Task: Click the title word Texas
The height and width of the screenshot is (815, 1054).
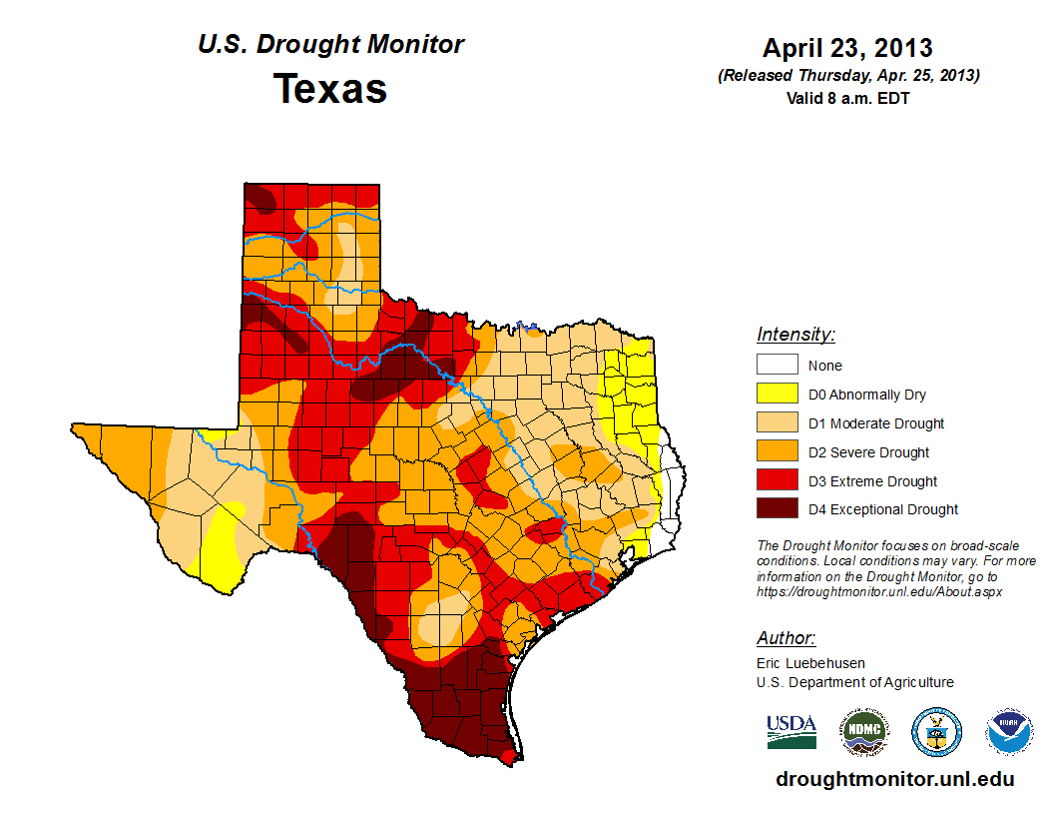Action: (x=330, y=89)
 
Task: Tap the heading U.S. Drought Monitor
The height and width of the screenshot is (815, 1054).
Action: (x=330, y=45)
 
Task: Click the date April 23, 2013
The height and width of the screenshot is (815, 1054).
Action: (x=847, y=47)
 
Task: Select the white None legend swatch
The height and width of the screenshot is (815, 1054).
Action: (x=777, y=366)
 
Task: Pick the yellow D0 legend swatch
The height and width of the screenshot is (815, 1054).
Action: (x=777, y=395)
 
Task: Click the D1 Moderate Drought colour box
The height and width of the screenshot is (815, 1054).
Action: (x=777, y=423)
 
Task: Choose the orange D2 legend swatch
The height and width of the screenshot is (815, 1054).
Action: (x=777, y=452)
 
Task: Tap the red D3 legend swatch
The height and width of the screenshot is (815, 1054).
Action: (x=777, y=481)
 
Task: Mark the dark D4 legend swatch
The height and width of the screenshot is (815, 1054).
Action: (x=777, y=509)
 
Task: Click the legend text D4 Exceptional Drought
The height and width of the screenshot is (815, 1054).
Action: (x=883, y=509)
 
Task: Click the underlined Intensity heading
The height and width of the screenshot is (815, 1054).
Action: (x=795, y=335)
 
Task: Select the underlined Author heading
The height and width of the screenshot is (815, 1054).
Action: (x=786, y=638)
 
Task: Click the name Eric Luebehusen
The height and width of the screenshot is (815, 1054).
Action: (x=810, y=662)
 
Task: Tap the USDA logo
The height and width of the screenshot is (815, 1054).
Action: (x=791, y=731)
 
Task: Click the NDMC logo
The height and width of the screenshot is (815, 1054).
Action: (x=863, y=732)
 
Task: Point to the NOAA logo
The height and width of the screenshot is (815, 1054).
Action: (x=1010, y=732)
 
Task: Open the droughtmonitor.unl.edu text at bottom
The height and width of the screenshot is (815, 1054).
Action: (x=894, y=779)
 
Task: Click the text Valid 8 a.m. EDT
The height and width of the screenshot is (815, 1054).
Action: (x=847, y=98)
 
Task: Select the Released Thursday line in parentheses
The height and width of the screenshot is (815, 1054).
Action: (x=847, y=76)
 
